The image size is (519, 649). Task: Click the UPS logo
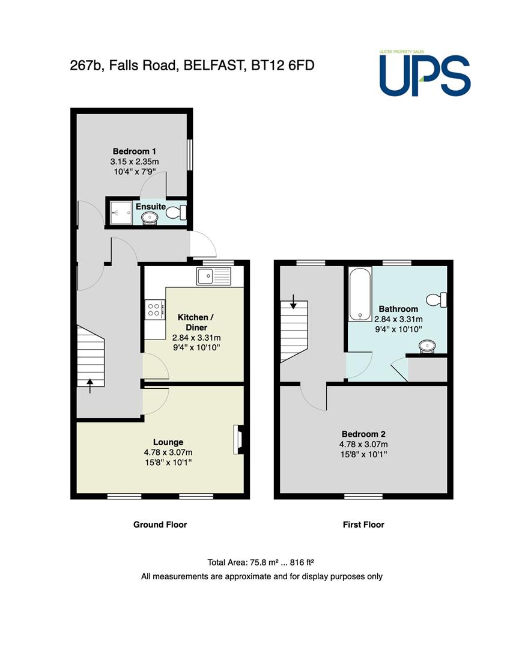425,73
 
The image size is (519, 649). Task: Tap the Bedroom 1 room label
135,151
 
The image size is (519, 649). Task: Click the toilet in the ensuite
177,213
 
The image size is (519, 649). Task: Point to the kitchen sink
214,276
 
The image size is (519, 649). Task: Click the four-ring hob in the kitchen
155,309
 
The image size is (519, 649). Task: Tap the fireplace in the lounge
238,439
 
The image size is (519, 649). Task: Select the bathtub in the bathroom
360,294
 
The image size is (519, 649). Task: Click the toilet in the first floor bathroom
436,300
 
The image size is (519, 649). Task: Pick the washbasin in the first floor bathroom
427,346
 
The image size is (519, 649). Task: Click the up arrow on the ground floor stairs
90,386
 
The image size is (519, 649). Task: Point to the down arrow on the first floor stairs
293,301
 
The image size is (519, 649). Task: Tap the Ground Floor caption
160,525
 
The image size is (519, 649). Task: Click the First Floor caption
363,525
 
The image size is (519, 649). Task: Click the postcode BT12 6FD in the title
283,66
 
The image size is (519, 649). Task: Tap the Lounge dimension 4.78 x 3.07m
168,452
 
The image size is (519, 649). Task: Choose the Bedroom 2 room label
363,434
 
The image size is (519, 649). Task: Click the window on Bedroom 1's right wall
190,154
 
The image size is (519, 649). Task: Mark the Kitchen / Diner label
196,323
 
